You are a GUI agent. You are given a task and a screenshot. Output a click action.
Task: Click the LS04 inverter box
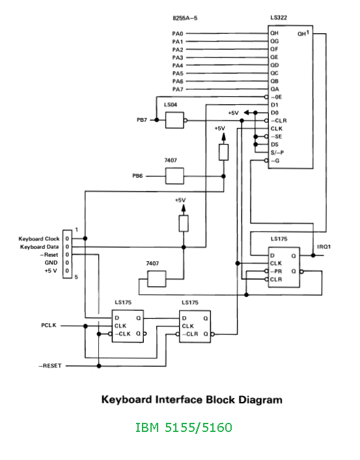174,120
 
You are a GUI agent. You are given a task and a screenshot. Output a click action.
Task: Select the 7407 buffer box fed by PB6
174,176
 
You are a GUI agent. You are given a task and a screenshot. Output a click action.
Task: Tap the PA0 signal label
178,34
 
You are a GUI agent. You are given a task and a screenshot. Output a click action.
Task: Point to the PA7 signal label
178,89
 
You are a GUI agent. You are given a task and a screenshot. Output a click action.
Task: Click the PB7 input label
142,120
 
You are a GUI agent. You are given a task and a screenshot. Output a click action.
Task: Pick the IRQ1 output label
324,247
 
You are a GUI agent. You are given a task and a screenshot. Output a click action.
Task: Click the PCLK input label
49,325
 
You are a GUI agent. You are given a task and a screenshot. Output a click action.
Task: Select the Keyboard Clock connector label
39,239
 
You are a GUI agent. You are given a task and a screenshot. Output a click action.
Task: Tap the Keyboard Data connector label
39,247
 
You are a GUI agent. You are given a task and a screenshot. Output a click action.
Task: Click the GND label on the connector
51,263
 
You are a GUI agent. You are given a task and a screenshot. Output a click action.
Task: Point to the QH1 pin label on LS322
303,33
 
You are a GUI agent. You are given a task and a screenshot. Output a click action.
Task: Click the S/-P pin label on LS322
277,152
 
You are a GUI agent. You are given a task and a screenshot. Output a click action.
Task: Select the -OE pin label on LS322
276,97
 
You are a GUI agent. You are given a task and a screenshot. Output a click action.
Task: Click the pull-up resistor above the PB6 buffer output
224,152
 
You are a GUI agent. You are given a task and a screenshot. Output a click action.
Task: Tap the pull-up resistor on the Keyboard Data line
184,223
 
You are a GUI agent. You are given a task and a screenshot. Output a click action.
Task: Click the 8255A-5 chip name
185,18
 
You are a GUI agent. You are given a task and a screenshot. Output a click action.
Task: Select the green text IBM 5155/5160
184,427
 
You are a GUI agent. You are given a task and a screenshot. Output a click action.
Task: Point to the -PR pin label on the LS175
276,271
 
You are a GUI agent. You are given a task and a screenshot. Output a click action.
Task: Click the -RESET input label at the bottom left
50,366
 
